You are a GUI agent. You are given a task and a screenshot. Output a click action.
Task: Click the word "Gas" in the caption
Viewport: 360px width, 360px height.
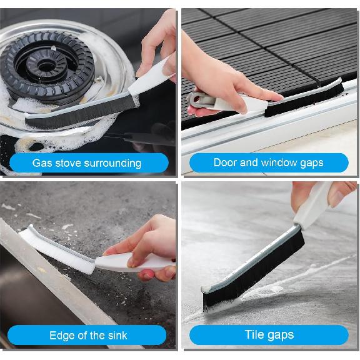click(42, 164)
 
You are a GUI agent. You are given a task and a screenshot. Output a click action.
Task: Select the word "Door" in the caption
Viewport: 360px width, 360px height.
click(225, 162)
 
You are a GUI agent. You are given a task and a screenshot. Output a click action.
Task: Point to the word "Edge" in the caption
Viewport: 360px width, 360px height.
click(62, 336)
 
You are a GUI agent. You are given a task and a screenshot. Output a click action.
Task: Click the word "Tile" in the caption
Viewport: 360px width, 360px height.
click(255, 336)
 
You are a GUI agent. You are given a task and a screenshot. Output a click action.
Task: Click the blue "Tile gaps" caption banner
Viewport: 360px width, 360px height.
click(269, 335)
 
